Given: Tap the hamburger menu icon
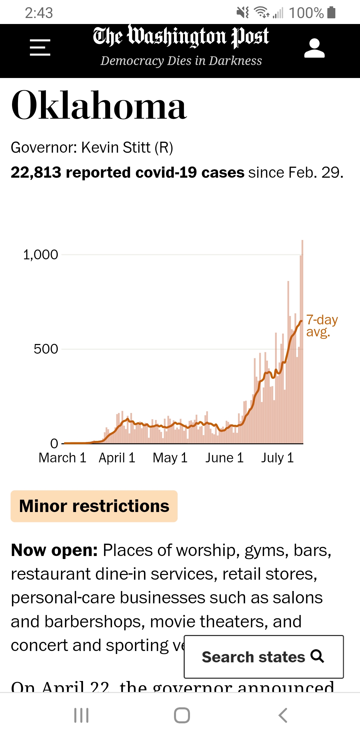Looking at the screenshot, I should point(40,47).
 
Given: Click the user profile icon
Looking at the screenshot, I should point(314,48).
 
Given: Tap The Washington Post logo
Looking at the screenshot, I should point(181,37).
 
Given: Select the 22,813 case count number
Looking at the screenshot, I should point(36,173).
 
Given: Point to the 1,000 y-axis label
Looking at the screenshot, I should point(40,255).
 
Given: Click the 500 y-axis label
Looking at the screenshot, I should point(46,349).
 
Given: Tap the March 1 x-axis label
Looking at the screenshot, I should point(62,458).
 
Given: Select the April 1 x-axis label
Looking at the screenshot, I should point(117,458).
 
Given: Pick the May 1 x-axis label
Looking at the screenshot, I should point(170,458).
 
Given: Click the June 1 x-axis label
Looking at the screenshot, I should point(224,458).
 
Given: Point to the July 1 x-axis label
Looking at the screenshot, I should point(277,458).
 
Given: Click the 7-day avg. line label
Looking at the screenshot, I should point(321,326).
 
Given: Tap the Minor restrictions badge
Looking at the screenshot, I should point(94,506).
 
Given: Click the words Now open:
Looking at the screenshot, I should point(54,550).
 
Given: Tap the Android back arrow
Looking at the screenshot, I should point(283,715).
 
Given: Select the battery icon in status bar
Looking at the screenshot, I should point(331,13).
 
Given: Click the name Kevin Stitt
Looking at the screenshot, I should point(116,148).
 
